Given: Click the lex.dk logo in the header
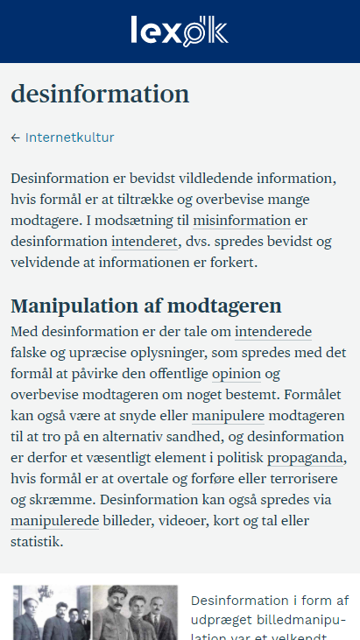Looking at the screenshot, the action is click(180, 32).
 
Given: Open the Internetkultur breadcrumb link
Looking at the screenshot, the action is click(69, 137).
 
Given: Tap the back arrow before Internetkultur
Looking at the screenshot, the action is click(16, 137).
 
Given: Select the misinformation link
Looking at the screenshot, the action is click(242, 221).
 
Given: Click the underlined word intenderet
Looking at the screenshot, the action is click(145, 242).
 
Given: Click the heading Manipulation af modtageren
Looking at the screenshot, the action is click(146, 306).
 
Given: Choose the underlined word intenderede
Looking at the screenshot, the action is click(273, 333).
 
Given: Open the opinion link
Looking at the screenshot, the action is click(236, 375).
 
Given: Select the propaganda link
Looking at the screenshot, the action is click(307, 459).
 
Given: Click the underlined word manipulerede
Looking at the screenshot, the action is click(54, 522).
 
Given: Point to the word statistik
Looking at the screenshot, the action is click(36, 543).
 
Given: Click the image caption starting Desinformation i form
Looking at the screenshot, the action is click(269, 618).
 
